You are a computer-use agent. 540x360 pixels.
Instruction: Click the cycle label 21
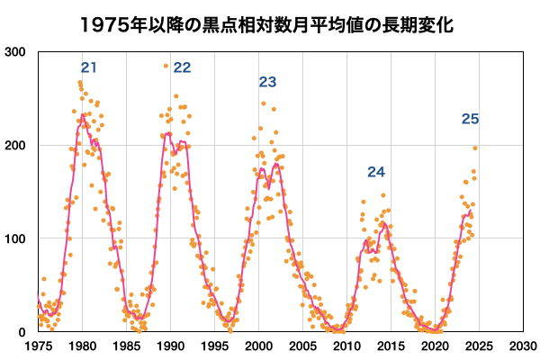(89, 67)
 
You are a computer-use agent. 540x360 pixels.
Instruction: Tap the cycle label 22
(183, 67)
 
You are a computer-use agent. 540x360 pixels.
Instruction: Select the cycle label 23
(267, 82)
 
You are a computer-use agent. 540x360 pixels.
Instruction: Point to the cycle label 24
(376, 172)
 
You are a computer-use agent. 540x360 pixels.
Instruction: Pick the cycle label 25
(471, 119)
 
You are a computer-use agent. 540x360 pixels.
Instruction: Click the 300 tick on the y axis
(16, 52)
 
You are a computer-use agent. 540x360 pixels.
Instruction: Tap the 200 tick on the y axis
(16, 145)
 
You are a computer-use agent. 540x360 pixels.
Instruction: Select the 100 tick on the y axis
(16, 238)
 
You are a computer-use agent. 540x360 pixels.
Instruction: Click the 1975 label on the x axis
(38, 346)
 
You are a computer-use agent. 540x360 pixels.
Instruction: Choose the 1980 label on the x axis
(82, 346)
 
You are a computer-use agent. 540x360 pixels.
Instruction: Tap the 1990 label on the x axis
(170, 346)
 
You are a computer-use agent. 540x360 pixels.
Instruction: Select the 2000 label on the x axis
(258, 346)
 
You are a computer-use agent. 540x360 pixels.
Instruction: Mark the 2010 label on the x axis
(346, 346)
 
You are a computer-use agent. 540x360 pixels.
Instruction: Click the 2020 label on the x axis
(435, 346)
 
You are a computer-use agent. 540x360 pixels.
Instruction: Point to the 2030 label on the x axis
(522, 346)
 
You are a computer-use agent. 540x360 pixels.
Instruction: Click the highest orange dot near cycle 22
(166, 66)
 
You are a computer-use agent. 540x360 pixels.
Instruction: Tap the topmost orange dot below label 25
(475, 148)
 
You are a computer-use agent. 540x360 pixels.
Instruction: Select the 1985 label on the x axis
(126, 346)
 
